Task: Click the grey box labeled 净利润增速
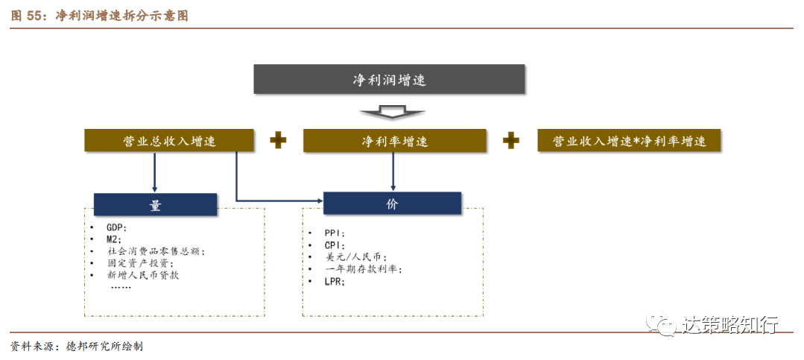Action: point(389,80)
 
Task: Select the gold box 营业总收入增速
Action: point(170,140)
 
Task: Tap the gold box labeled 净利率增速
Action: point(394,141)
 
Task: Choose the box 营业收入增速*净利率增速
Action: point(629,141)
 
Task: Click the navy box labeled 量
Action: point(155,205)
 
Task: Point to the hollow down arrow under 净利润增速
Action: point(391,112)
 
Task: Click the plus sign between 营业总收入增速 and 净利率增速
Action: point(279,140)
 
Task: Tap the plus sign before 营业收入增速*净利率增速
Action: point(511,140)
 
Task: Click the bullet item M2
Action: point(114,239)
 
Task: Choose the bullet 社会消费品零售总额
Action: point(156,251)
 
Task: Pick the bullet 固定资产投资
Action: point(141,263)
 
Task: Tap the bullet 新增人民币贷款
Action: point(143,274)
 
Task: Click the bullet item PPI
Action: point(335,233)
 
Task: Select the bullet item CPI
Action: point(335,245)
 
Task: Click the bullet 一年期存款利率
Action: point(363,269)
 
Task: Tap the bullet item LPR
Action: point(335,282)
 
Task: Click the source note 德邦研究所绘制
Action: point(104,347)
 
